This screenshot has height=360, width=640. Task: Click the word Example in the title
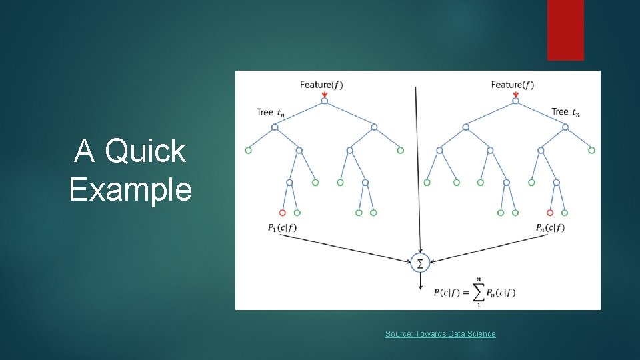coord(130,189)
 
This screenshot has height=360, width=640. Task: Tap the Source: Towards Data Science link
coord(440,333)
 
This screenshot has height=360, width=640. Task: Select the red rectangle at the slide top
coord(565,30)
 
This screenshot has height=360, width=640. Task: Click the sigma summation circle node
coord(420,263)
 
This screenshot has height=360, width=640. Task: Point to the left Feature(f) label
coord(321,85)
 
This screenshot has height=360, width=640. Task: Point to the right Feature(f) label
coord(512,85)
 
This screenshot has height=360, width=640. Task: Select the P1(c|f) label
coord(282,228)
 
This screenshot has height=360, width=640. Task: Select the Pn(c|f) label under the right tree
coord(550,228)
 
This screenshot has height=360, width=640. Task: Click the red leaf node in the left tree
coord(282,213)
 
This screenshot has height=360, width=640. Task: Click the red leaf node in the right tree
coord(550,213)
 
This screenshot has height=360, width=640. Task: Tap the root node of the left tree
coord(324,101)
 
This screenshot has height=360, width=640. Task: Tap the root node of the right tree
coord(515,101)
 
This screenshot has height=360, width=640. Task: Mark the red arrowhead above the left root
coord(324,95)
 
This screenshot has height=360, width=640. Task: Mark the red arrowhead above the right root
coord(515,95)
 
